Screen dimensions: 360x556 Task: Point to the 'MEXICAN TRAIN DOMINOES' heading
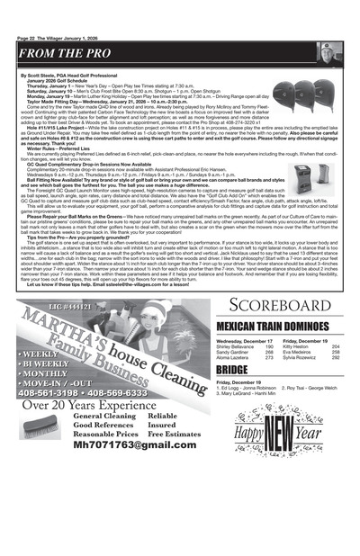tap(262, 324)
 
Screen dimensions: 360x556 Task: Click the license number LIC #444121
tap(46, 309)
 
